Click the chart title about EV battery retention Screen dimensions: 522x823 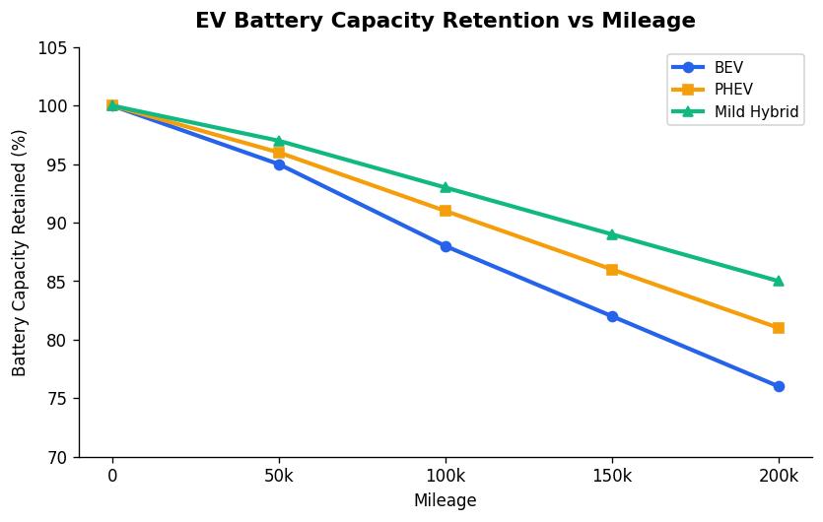tap(445, 21)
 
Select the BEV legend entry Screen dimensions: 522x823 tap(728, 67)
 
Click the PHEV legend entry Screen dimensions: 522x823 tap(733, 90)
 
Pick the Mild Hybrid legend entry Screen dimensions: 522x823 tap(756, 112)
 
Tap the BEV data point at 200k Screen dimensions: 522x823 tap(779, 386)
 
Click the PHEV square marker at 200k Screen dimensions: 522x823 tap(779, 328)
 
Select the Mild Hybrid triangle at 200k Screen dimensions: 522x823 tap(779, 281)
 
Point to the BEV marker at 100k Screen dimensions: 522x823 tap(446, 246)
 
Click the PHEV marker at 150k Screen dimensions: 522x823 tap(612, 269)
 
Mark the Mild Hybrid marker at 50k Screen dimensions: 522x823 tap(279, 141)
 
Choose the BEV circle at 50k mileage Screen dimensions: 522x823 tap(279, 164)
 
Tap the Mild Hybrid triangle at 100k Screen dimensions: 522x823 tap(446, 187)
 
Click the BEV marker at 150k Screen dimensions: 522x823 tap(612, 316)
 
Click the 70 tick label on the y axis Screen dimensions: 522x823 tap(58, 457)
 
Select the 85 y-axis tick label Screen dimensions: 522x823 tap(58, 282)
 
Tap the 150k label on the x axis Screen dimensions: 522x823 tap(612, 476)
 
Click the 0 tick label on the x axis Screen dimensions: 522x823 tap(112, 476)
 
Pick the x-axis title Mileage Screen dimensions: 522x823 tap(445, 500)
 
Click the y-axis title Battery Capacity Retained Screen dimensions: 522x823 tap(20, 252)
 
